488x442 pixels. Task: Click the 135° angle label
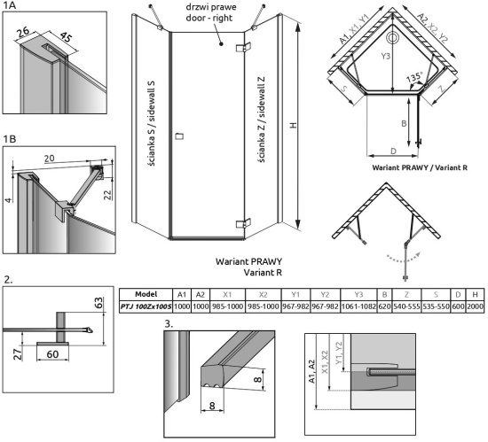click(414, 77)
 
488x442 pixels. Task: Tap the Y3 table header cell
click(358, 294)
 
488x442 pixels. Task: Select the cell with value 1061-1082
click(358, 306)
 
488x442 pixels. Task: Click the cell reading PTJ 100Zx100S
click(146, 306)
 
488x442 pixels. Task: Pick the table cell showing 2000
click(475, 306)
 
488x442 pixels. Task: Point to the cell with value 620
click(384, 306)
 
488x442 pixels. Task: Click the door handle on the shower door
click(179, 136)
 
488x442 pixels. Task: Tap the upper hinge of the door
click(244, 47)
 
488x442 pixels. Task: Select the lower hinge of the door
click(244, 223)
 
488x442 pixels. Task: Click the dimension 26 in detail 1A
click(23, 32)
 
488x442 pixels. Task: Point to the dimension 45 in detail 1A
click(66, 37)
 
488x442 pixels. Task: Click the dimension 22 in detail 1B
click(107, 195)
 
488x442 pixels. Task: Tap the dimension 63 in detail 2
click(98, 303)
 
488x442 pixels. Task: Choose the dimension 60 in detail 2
click(52, 354)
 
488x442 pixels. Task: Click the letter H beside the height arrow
click(293, 125)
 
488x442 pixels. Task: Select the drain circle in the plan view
click(392, 38)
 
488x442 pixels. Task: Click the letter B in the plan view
click(404, 124)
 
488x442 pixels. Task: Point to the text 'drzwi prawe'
click(211, 7)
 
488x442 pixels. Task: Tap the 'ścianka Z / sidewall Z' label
click(262, 120)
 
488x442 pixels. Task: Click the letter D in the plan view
click(393, 151)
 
